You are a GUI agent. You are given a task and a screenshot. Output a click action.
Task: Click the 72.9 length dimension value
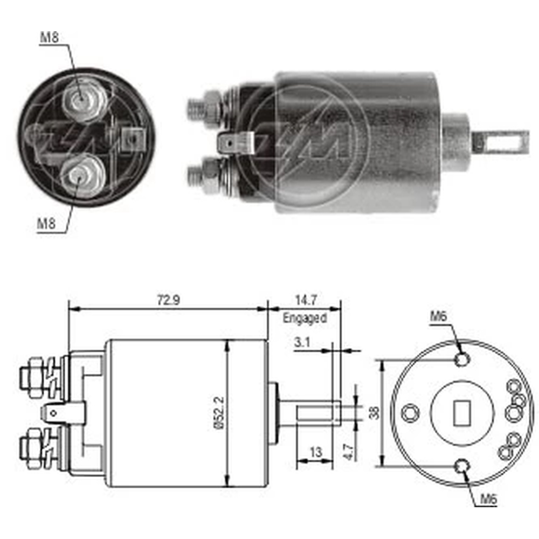[x=168, y=300]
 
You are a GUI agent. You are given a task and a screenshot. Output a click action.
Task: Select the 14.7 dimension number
[x=306, y=300]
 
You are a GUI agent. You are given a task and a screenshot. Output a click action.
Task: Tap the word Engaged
[x=305, y=319]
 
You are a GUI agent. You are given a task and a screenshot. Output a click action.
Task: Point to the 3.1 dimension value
[x=302, y=342]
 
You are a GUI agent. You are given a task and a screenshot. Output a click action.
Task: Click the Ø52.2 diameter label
[x=219, y=412]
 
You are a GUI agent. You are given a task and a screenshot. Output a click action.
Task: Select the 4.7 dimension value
[x=348, y=452]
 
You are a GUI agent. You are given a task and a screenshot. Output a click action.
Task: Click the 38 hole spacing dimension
[x=375, y=412]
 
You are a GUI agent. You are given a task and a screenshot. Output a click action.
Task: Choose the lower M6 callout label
[x=488, y=499]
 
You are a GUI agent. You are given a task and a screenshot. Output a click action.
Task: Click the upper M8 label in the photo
[x=50, y=37]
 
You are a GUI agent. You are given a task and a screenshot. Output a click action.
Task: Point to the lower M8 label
[x=46, y=224]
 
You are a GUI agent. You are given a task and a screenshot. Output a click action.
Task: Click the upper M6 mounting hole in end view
[x=462, y=360]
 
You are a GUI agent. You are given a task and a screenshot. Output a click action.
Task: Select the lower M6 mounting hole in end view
[x=462, y=466]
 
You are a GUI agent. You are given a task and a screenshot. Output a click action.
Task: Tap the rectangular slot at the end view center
[x=462, y=413]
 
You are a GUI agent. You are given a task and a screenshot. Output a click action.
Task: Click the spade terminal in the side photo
[x=237, y=143]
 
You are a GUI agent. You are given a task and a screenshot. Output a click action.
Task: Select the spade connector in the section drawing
[x=63, y=412]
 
